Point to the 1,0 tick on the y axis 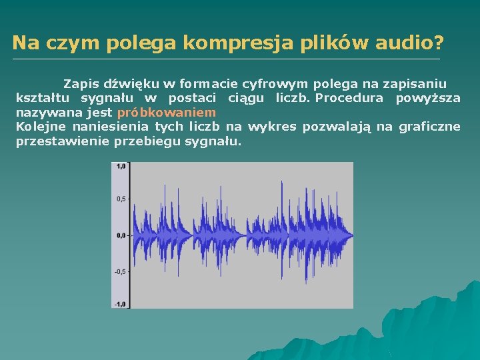[121, 167]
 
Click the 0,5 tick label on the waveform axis [121, 199]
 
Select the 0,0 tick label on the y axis [121, 235]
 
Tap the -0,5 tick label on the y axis [120, 271]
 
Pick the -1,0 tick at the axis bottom [120, 303]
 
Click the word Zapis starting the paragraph [81, 84]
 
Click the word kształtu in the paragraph [39, 99]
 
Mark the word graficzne [429, 127]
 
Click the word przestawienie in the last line [63, 141]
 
